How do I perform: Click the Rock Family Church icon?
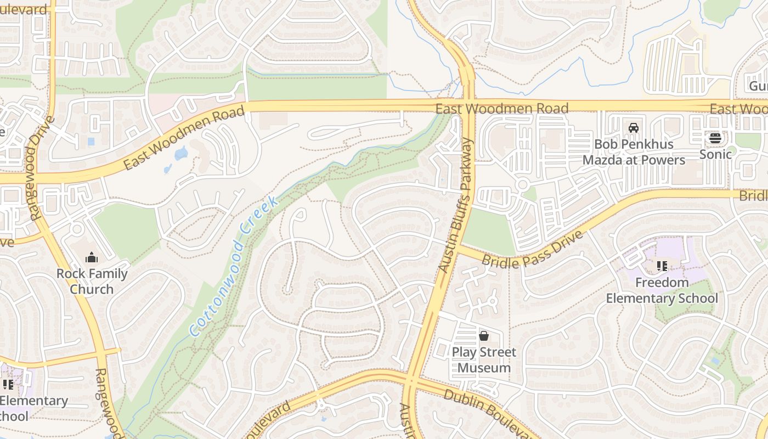tap(92, 257)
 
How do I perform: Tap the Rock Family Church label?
tap(92, 281)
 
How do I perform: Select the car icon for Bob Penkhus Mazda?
tap(633, 128)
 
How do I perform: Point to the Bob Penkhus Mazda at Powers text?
tap(634, 152)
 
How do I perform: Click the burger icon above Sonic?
tap(715, 138)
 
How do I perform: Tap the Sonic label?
tap(715, 154)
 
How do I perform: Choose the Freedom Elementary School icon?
tap(662, 266)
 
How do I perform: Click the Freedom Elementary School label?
tap(662, 290)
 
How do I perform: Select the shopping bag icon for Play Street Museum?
tap(484, 335)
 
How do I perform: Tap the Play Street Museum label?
tap(484, 359)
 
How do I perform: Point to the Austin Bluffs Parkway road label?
tap(455, 205)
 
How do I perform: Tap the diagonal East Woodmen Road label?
tap(184, 138)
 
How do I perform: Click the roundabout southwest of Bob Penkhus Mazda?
tap(522, 184)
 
